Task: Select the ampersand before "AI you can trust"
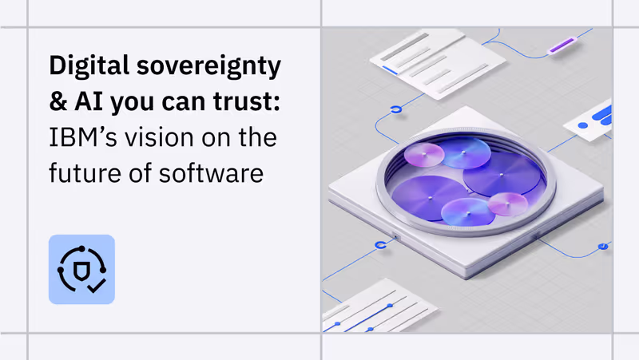[x=58, y=103]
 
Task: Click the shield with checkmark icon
[x=81, y=269]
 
